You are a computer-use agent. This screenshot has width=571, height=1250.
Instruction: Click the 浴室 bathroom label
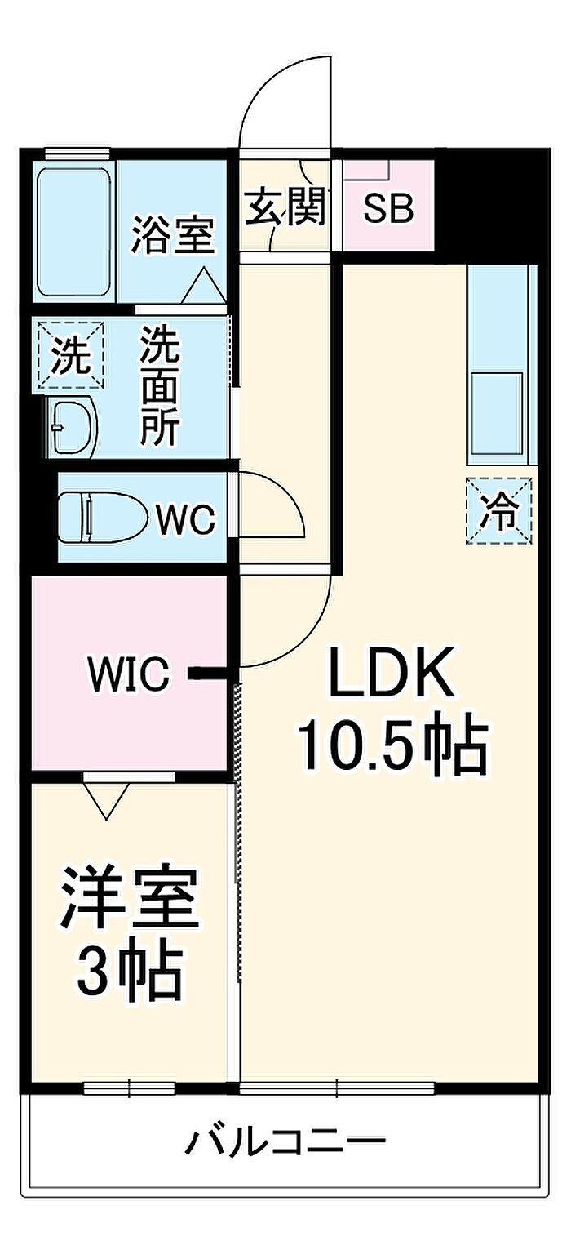(173, 235)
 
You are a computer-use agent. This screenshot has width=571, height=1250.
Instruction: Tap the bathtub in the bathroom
(74, 234)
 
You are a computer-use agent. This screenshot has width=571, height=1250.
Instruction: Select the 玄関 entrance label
(285, 206)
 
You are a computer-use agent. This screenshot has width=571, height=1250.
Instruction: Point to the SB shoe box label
(388, 209)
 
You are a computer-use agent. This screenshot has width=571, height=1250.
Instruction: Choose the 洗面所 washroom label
(160, 385)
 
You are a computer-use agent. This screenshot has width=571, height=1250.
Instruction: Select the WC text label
(185, 520)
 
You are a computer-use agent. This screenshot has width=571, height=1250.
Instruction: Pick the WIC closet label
(130, 674)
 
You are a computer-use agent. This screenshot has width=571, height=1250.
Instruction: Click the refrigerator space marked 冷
(499, 510)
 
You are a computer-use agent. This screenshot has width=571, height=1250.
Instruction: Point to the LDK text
(391, 672)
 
